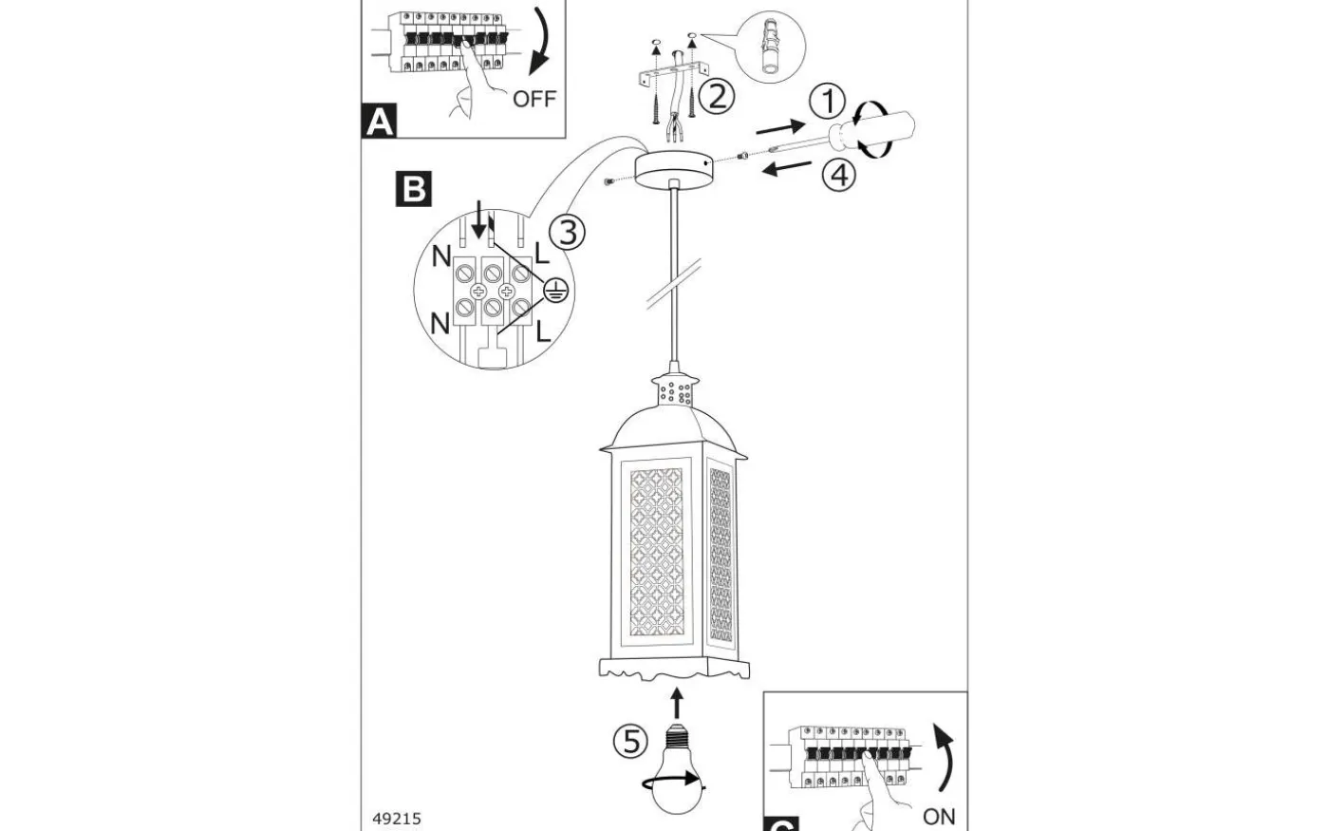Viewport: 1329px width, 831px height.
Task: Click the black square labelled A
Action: pyautogui.click(x=379, y=122)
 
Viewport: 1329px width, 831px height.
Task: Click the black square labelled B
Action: pyautogui.click(x=414, y=189)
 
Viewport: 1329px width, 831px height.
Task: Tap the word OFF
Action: pyautogui.click(x=533, y=98)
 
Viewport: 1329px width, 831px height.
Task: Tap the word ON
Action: pyautogui.click(x=939, y=816)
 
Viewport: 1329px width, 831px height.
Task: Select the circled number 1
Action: pyautogui.click(x=828, y=102)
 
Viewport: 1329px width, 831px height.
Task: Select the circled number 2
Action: pyautogui.click(x=716, y=95)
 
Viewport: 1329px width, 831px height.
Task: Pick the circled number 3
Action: pyautogui.click(x=567, y=232)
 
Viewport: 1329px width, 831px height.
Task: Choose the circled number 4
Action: pyautogui.click(x=838, y=176)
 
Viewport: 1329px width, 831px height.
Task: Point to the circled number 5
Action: pyautogui.click(x=631, y=740)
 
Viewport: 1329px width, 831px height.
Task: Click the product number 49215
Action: pyautogui.click(x=396, y=818)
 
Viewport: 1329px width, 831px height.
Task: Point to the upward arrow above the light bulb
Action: pyautogui.click(x=676, y=703)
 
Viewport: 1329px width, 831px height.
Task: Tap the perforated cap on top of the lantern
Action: pyautogui.click(x=673, y=388)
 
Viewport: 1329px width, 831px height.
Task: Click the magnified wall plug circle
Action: pyautogui.click(x=768, y=47)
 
